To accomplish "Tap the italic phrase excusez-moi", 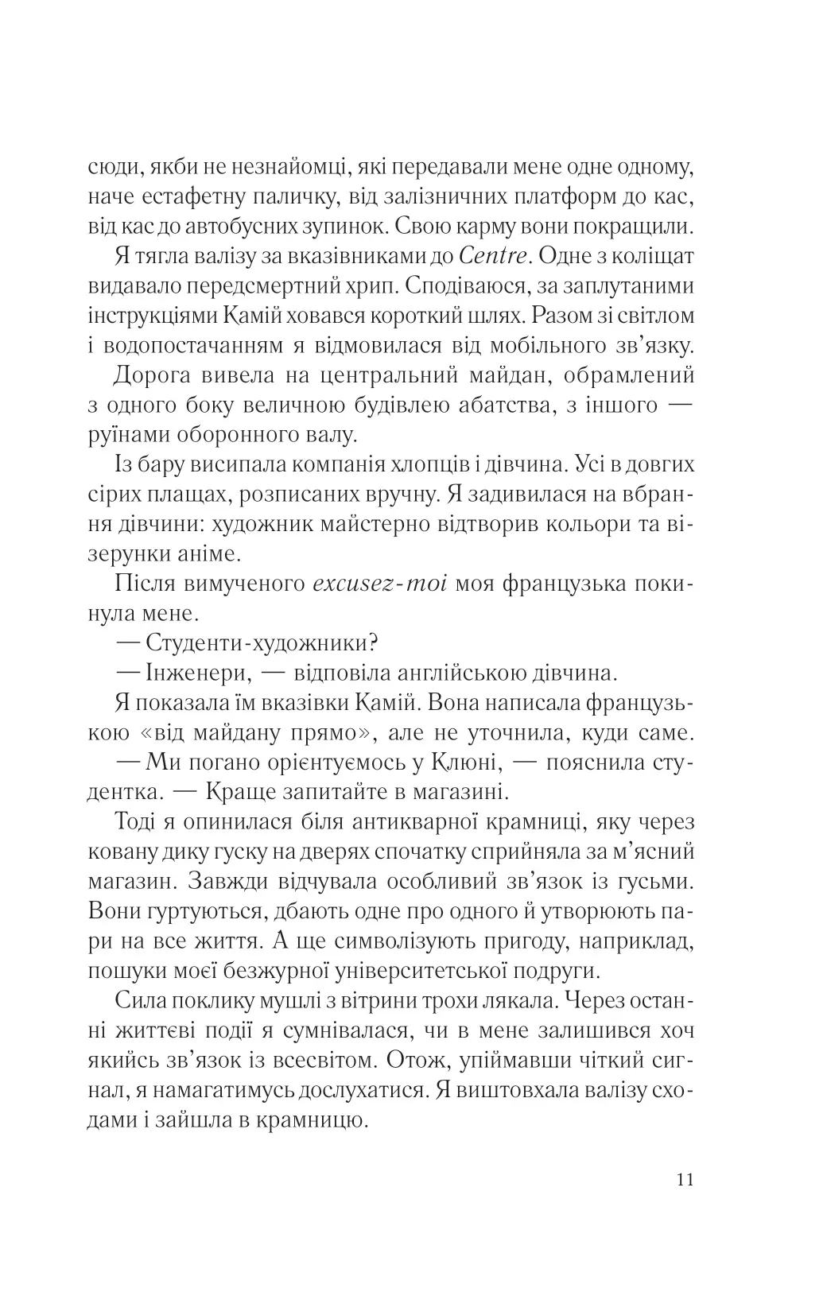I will [382, 584].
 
